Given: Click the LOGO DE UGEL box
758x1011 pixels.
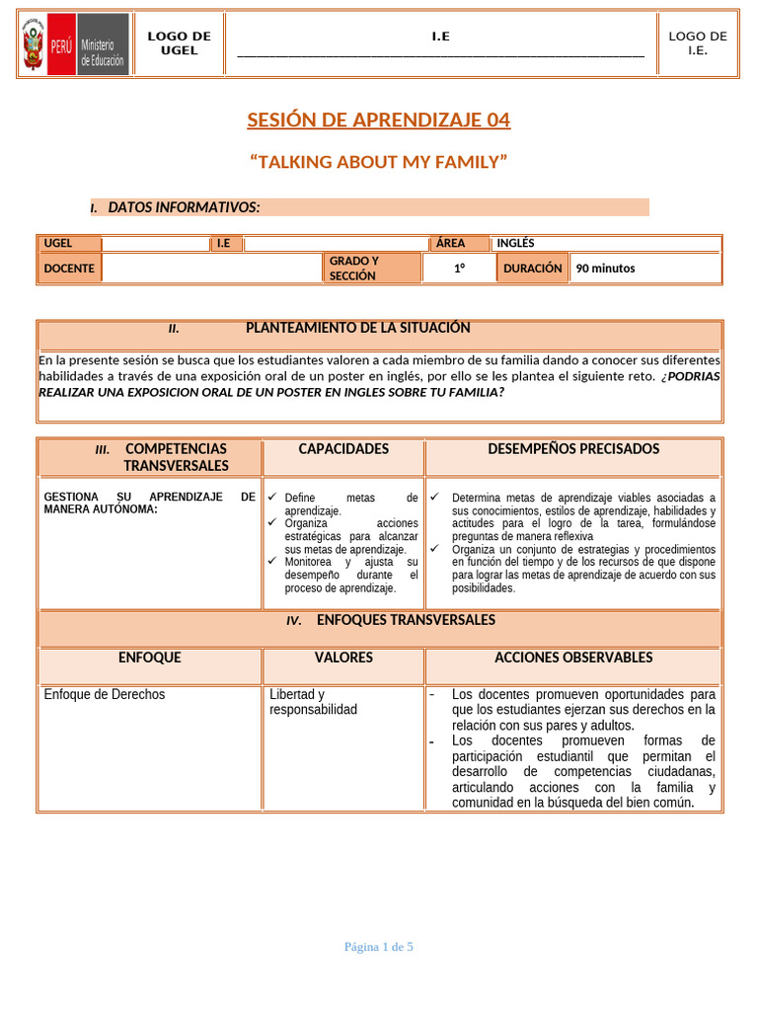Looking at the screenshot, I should [x=179, y=43].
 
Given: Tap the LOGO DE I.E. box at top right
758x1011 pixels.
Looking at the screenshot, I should [x=697, y=43].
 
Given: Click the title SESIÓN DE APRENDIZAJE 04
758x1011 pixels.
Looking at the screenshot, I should [x=378, y=120].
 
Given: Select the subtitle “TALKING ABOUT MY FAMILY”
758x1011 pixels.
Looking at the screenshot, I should [x=378, y=162].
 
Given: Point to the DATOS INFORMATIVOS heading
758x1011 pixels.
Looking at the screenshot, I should [x=184, y=207].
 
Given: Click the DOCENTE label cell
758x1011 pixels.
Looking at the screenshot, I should [x=69, y=268].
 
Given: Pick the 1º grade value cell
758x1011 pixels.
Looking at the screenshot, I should [x=460, y=268].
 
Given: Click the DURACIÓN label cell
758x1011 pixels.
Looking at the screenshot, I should [x=532, y=268].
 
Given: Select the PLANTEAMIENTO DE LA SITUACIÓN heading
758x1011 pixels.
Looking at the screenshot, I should [x=357, y=328].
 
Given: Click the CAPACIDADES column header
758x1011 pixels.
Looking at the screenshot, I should [x=343, y=449].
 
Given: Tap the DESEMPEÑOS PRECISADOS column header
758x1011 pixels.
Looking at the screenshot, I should [x=573, y=449].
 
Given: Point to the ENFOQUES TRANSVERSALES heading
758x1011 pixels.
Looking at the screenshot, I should [x=406, y=620].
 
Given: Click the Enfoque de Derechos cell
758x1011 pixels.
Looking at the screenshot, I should [x=106, y=694].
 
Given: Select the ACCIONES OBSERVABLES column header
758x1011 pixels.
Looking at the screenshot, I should [x=573, y=658].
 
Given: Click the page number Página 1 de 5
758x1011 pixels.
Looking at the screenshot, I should [x=378, y=947].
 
